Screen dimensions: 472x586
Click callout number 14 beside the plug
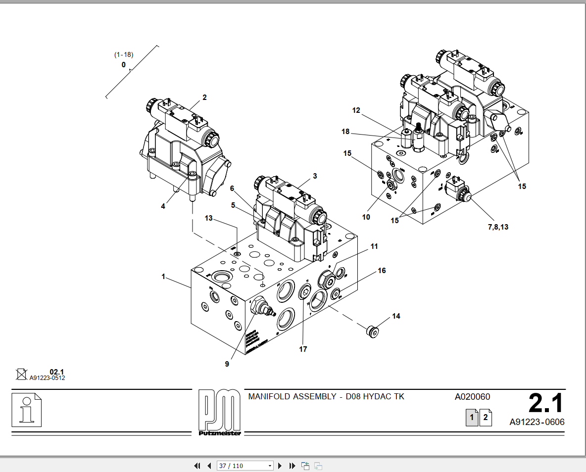coord(396,316)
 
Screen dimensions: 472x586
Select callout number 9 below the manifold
coord(227,364)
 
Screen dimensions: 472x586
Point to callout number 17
coord(303,349)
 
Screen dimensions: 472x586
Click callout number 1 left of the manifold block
coord(163,277)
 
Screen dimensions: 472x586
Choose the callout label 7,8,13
coord(498,227)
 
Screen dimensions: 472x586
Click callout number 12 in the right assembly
coord(356,110)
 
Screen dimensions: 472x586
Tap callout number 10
coord(366,217)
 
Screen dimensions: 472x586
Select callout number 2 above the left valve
coord(204,97)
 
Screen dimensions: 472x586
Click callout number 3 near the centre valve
coord(315,176)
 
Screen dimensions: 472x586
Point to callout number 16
coord(382,271)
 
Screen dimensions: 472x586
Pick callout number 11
coord(374,246)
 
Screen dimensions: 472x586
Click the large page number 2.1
coord(546,403)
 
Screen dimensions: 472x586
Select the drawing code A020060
coord(473,397)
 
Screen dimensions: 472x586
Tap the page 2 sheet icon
coord(486,418)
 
